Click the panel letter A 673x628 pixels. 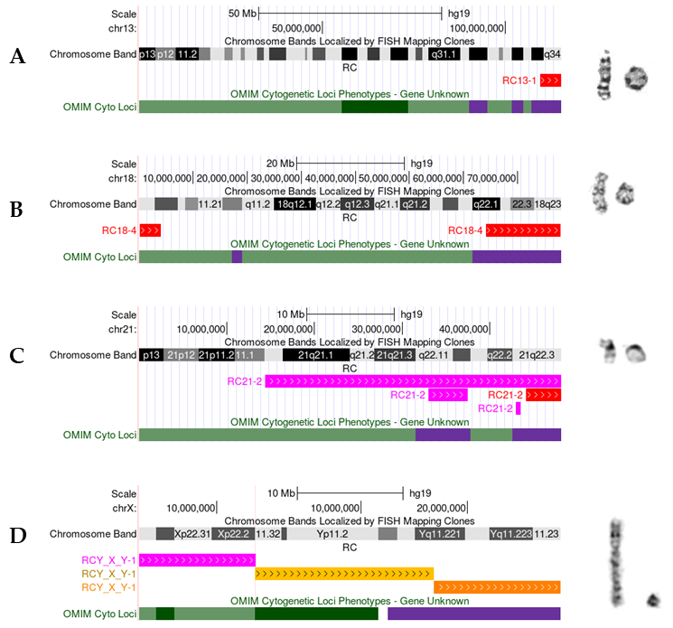pyautogui.click(x=16, y=57)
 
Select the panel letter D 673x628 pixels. pyautogui.click(x=16, y=536)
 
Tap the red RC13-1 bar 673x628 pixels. pyautogui.click(x=550, y=80)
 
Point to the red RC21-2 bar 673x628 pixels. pyautogui.click(x=543, y=395)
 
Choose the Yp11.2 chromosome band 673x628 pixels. pyautogui.click(x=332, y=534)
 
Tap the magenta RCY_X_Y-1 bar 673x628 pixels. pyautogui.click(x=197, y=560)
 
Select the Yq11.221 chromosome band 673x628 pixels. pyautogui.click(x=443, y=534)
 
